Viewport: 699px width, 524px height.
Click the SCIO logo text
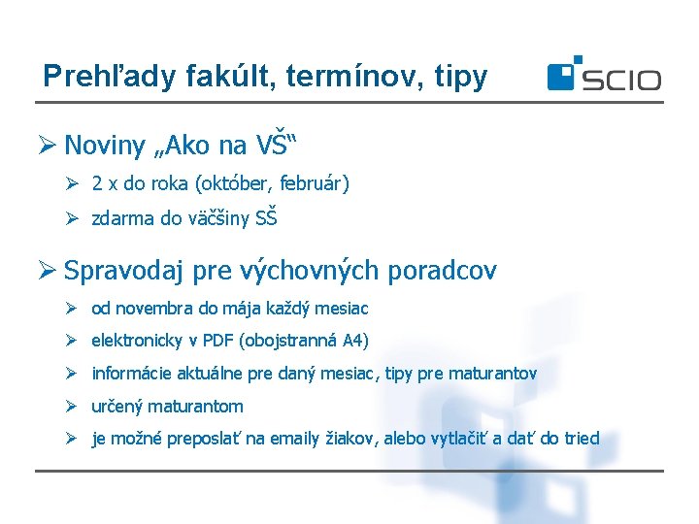tap(621, 79)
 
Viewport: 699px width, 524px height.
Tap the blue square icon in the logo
tap(562, 76)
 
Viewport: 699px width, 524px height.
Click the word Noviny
tap(104, 147)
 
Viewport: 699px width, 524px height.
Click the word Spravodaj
tap(125, 271)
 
